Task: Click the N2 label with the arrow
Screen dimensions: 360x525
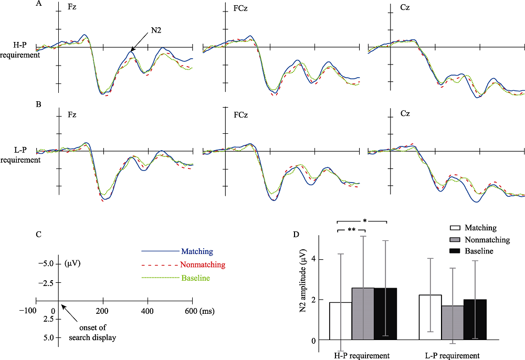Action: [156, 31]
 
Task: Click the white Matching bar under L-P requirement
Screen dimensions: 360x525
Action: [429, 317]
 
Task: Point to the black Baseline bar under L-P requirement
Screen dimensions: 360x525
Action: [474, 320]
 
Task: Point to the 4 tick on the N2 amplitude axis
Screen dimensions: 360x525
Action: [313, 259]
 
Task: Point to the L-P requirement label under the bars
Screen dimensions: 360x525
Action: [452, 356]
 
